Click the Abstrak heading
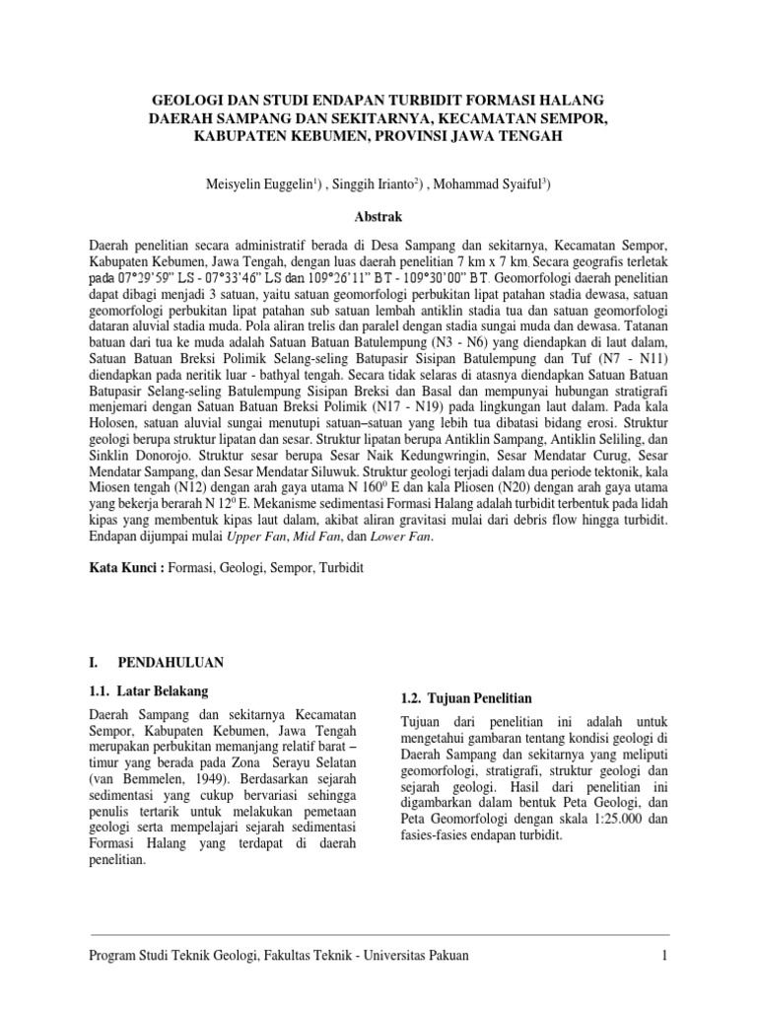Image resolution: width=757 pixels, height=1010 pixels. tap(378, 215)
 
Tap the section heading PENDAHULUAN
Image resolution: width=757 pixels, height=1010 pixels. tap(172, 661)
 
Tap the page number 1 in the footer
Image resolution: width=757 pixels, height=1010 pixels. tap(665, 955)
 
